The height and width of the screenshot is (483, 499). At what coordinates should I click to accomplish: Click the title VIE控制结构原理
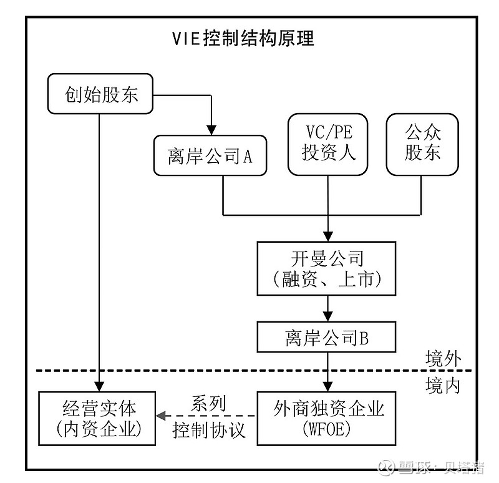pyautogui.click(x=243, y=39)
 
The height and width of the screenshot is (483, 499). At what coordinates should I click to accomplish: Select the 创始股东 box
pyautogui.click(x=100, y=95)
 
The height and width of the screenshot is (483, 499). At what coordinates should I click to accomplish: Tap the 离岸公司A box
pyautogui.click(x=210, y=156)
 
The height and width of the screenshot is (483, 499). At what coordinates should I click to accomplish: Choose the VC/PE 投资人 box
pyautogui.click(x=327, y=143)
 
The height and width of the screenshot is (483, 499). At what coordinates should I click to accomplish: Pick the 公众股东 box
pyautogui.click(x=422, y=143)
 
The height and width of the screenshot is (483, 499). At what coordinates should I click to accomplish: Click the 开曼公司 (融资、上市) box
pyautogui.click(x=327, y=268)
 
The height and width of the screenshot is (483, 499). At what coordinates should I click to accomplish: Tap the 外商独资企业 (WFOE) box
pyautogui.click(x=327, y=417)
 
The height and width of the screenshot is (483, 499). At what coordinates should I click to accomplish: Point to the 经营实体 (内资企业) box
pyautogui.click(x=97, y=417)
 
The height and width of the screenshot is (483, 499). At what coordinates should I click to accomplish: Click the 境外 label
pyautogui.click(x=443, y=359)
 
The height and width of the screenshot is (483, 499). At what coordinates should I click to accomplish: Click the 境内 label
pyautogui.click(x=443, y=385)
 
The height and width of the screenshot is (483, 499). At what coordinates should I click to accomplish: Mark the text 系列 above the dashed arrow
pyautogui.click(x=208, y=404)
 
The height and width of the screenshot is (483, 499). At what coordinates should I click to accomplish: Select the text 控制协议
pyautogui.click(x=208, y=430)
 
